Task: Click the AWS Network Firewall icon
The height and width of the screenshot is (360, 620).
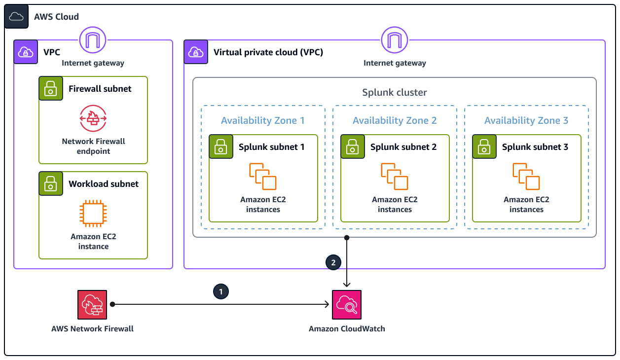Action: pos(92,305)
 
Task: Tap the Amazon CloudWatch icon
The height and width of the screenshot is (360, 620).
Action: pos(347,305)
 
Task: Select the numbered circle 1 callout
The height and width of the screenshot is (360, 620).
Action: pos(220,291)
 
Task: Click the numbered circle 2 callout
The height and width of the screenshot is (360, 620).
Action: pos(333,263)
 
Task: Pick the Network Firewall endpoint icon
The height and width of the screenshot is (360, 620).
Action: pos(93,118)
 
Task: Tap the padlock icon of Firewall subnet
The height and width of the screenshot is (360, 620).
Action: pos(51,89)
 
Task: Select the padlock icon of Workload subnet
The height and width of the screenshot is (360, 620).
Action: pos(51,184)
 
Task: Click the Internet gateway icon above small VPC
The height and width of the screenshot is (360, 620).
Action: pos(93,40)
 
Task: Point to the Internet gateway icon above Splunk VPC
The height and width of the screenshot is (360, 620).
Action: pos(395,40)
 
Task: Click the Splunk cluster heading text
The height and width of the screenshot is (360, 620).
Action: pos(395,92)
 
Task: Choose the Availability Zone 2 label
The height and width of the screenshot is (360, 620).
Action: pos(395,120)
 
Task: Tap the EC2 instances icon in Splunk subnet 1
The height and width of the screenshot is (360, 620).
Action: pos(263,177)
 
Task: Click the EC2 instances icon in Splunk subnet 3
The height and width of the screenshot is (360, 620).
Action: pos(526,177)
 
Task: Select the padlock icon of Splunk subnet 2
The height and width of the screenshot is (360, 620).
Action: pos(353,146)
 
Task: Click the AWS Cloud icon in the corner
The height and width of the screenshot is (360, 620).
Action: pos(17,16)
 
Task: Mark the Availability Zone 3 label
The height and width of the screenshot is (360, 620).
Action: pos(526,120)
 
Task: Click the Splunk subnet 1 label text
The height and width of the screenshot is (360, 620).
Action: pos(271,147)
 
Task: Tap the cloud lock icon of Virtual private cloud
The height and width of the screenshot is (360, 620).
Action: pos(196,52)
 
